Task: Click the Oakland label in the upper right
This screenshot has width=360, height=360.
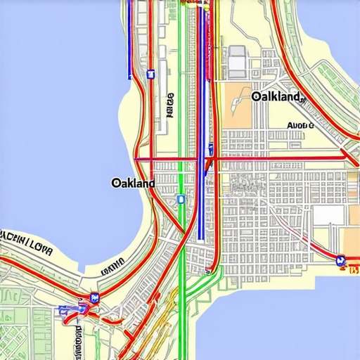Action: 276,96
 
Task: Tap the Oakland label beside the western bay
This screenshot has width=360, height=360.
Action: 133,183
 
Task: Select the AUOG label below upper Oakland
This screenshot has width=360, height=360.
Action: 300,127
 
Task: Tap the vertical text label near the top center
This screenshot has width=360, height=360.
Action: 171,105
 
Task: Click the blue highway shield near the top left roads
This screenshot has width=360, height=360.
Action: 150,73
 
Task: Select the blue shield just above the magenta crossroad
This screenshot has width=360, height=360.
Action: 210,148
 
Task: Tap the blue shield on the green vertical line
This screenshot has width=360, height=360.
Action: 181,199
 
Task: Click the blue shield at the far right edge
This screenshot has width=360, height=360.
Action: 341,260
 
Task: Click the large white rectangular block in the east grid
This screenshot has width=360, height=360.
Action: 324,215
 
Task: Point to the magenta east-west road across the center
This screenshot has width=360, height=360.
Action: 281,159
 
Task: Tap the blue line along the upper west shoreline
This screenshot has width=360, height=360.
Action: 129,42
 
